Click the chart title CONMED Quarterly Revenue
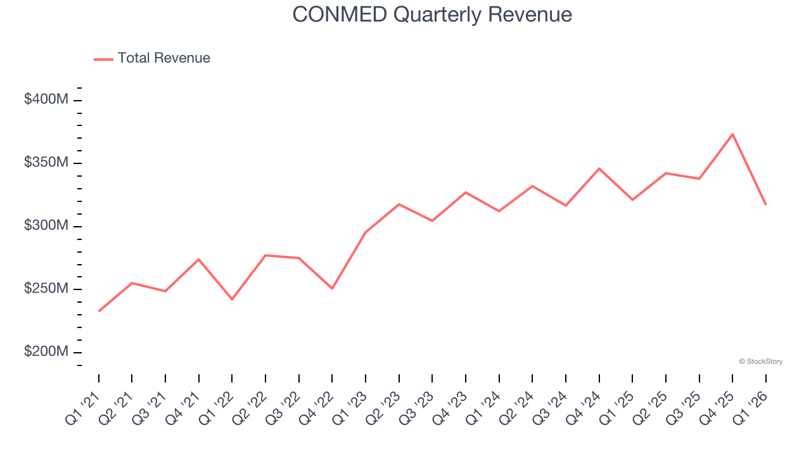pos(432,15)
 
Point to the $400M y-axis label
pos(46,99)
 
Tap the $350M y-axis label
pos(46,163)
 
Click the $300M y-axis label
pos(46,226)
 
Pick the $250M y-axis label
pos(46,289)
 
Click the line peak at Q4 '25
pos(732,134)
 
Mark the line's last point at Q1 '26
pos(765,204)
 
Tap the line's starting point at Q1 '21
pos(99,311)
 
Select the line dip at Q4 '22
pos(332,288)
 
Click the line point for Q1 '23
pos(366,232)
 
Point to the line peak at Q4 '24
pos(599,168)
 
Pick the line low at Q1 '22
pos(232,299)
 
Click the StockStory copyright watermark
pos(760,362)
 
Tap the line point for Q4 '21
pos(199,259)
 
